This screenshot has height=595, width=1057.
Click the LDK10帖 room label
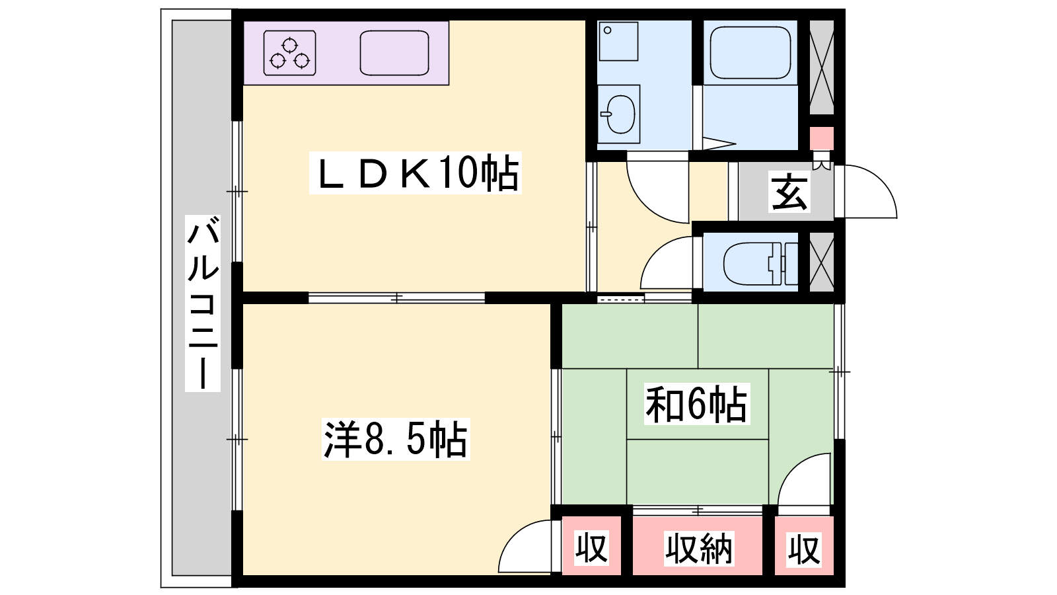point(416,173)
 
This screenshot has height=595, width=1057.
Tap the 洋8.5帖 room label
point(396,439)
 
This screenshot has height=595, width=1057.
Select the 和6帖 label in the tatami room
point(697,404)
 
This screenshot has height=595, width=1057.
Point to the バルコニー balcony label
point(203,303)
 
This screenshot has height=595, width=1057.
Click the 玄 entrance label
point(789,191)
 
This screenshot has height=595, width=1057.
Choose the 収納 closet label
point(698,548)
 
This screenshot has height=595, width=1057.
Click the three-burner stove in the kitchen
point(290,54)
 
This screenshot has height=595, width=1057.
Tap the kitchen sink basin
point(394,53)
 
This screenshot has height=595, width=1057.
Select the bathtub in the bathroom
point(750,52)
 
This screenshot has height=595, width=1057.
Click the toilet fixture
point(760,264)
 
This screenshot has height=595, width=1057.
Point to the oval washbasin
point(620,114)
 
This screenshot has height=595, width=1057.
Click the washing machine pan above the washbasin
point(618,42)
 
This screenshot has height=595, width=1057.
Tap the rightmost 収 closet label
point(804,549)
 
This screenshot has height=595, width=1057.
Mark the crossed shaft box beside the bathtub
point(822,67)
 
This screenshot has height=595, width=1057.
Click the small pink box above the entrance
point(822,138)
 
